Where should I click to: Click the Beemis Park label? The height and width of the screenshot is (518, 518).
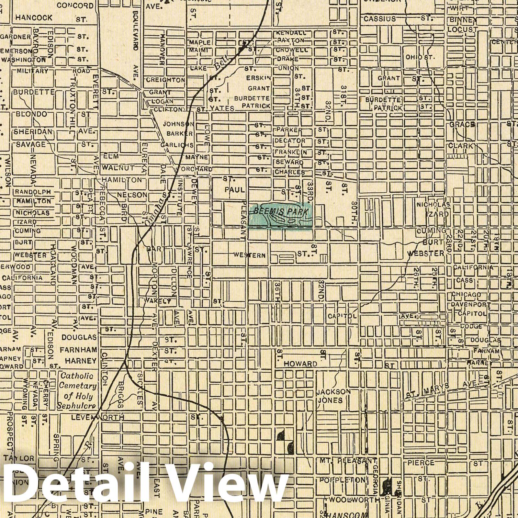click(x=280, y=212)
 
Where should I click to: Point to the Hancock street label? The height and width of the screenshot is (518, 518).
click(x=34, y=17)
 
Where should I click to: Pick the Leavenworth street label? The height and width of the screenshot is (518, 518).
click(x=97, y=418)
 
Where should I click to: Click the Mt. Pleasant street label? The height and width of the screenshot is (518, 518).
click(x=348, y=461)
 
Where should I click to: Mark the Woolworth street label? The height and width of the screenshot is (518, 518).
click(x=354, y=500)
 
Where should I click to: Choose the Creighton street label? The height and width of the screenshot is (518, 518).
click(x=165, y=80)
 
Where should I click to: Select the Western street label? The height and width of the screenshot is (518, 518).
click(x=250, y=255)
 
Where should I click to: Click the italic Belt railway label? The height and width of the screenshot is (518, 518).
click(x=221, y=63)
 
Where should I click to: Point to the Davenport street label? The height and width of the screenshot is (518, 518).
click(x=470, y=305)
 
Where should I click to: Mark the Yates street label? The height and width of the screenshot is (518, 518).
click(x=222, y=109)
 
